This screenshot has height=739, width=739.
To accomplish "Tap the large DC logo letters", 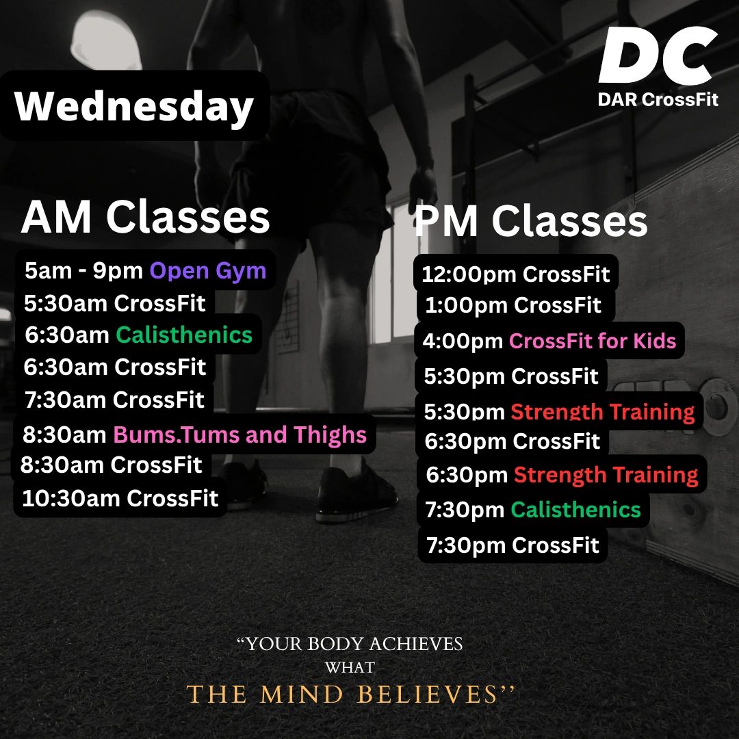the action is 658,55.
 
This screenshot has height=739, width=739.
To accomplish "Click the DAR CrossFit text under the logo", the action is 658,99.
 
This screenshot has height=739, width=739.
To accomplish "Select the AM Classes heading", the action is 146,217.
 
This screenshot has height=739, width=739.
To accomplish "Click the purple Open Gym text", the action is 208,271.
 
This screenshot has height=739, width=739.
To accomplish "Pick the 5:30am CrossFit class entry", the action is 115,303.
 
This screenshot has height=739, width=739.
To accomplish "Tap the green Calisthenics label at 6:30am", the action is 184,335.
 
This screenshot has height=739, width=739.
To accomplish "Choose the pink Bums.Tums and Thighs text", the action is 240,435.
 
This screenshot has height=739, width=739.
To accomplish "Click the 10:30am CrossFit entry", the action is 120,498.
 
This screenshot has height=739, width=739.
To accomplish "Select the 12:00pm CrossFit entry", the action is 516,274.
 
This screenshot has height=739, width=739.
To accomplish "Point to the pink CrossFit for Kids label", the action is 593,341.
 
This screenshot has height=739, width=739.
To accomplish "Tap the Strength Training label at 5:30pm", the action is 603,411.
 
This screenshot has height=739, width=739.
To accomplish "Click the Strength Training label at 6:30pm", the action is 606,475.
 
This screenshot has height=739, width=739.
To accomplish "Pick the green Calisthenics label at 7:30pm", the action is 576,510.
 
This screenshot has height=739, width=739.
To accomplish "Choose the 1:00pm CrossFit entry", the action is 513,305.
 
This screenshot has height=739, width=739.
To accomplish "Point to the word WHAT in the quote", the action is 350,667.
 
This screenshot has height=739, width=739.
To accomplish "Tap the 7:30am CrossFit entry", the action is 114,400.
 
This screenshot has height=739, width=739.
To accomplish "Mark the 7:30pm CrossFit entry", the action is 513,545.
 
